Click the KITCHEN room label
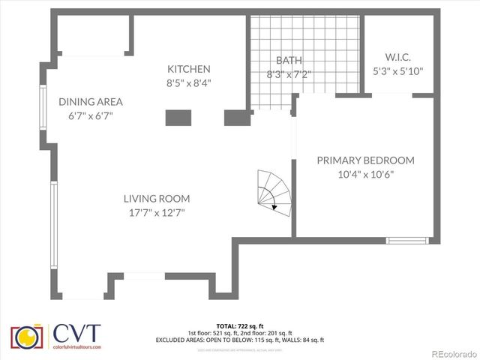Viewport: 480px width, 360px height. coord(188,69)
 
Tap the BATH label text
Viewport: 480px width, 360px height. coord(288,61)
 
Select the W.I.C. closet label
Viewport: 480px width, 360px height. coord(397,57)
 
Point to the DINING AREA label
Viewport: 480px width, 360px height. coord(91,102)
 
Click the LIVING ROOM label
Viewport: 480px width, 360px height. coord(157,199)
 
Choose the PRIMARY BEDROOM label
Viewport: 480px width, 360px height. coord(365,160)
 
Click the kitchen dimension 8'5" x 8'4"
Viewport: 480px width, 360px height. coord(188,83)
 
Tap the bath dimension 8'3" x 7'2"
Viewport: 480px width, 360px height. coord(288,74)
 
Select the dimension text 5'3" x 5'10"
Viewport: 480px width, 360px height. coord(398,71)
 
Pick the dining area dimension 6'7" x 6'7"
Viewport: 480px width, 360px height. coord(91,116)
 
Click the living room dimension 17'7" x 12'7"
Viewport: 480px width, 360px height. coord(156,213)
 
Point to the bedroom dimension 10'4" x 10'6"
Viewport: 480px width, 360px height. coord(365,175)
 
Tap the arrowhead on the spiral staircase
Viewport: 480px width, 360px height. coord(275,205)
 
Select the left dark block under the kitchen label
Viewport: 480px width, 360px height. coord(178,117)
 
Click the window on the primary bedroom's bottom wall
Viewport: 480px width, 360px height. coord(407,240)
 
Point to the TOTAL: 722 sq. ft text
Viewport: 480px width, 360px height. coord(239,326)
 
